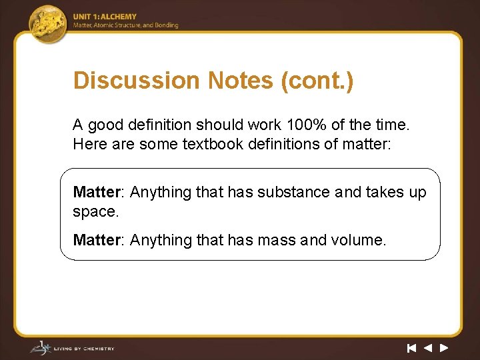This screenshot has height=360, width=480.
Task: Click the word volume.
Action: click(x=360, y=240)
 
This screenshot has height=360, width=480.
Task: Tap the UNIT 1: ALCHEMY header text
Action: click(x=105, y=17)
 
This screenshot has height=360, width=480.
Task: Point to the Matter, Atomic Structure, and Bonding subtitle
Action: click(x=126, y=25)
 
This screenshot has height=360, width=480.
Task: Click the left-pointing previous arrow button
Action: click(x=427, y=347)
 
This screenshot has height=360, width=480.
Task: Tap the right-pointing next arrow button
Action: click(x=443, y=347)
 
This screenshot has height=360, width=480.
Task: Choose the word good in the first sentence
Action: click(x=105, y=125)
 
